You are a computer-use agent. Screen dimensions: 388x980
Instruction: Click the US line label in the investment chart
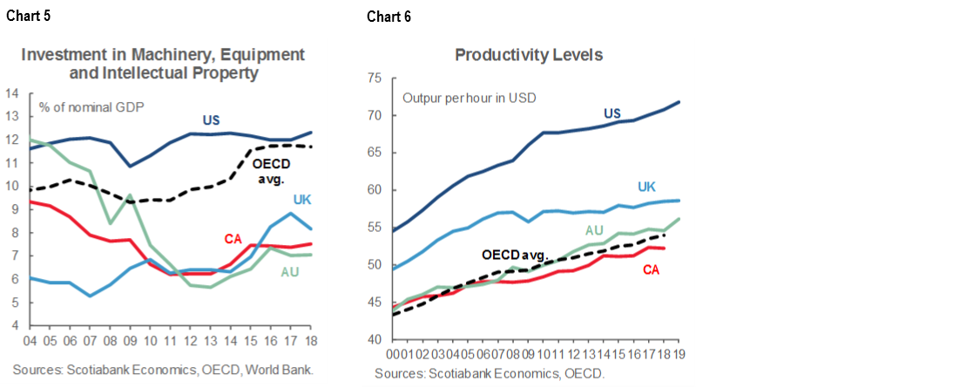coord(212,119)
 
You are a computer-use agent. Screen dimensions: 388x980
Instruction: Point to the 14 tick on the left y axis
coord(12,92)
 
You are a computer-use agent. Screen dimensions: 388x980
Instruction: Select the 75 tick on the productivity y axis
coord(375,78)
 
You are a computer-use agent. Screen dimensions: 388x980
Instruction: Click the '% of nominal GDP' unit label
coord(91,108)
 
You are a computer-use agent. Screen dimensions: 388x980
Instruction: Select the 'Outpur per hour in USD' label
coord(469,97)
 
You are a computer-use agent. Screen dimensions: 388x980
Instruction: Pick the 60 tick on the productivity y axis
coord(375,190)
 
